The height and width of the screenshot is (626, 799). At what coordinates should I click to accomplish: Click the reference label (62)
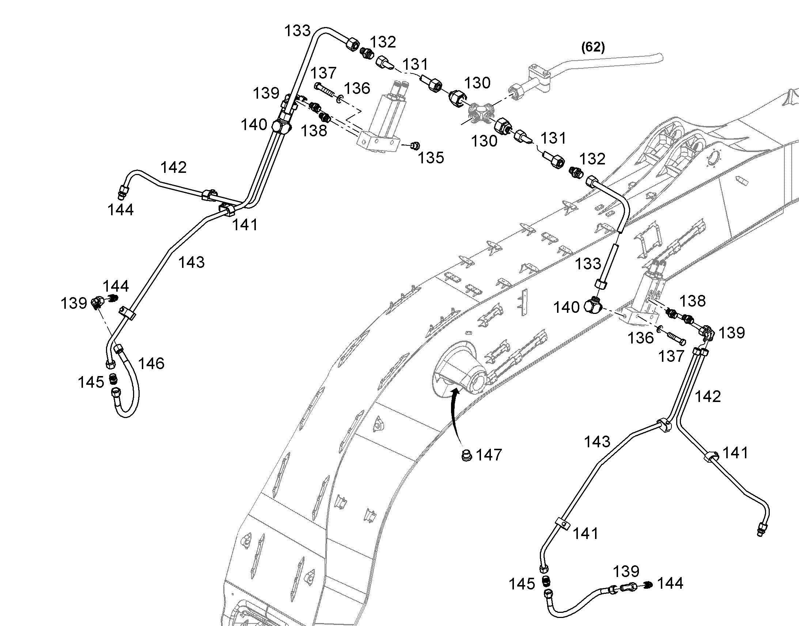(593, 47)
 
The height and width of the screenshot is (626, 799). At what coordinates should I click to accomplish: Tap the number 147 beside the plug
(489, 455)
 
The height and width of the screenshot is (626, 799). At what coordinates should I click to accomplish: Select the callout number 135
(431, 158)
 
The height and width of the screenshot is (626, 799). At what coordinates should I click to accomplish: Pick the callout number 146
(151, 363)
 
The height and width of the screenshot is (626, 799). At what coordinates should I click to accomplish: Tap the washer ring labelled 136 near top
(340, 98)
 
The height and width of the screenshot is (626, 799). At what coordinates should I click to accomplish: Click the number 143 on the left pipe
(191, 262)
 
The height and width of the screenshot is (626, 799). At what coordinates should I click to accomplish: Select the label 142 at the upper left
(174, 167)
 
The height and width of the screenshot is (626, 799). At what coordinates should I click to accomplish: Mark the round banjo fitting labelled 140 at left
(281, 127)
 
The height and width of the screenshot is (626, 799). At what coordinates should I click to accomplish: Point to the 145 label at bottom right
(522, 584)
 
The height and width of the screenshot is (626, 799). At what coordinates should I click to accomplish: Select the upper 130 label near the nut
(477, 83)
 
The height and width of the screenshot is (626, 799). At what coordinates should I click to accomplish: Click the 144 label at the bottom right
(670, 583)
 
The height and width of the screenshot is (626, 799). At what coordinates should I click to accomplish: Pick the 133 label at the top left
(298, 31)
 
